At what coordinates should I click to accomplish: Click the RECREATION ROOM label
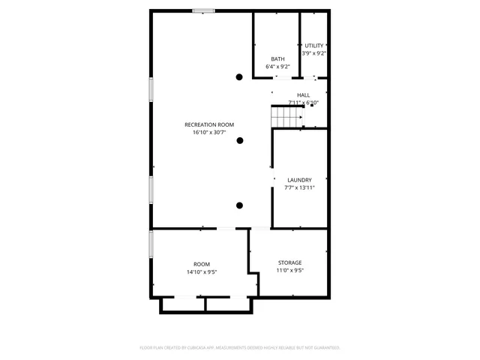(x=210, y=124)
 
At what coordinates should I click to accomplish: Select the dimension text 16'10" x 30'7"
(x=210, y=133)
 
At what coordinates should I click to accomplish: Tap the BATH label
(x=278, y=59)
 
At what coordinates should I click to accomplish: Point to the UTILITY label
(x=314, y=46)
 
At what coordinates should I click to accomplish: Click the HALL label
(x=304, y=94)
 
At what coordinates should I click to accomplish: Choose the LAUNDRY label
(x=299, y=180)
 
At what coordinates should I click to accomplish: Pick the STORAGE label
(x=289, y=262)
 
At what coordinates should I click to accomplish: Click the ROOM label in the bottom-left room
(x=202, y=264)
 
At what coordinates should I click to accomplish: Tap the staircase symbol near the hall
(x=286, y=117)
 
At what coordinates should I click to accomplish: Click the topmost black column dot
(x=240, y=76)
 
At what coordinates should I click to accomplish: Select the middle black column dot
(x=240, y=140)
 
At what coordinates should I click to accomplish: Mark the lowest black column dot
(x=240, y=205)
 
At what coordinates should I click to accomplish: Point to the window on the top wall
(x=203, y=10)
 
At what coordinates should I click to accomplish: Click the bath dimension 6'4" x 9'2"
(x=278, y=67)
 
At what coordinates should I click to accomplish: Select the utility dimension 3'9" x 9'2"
(x=314, y=53)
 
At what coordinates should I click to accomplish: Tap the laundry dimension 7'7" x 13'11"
(x=299, y=187)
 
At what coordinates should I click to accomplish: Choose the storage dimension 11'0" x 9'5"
(x=289, y=271)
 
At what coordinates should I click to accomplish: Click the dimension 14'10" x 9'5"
(x=202, y=272)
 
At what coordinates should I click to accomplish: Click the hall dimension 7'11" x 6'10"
(x=304, y=103)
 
